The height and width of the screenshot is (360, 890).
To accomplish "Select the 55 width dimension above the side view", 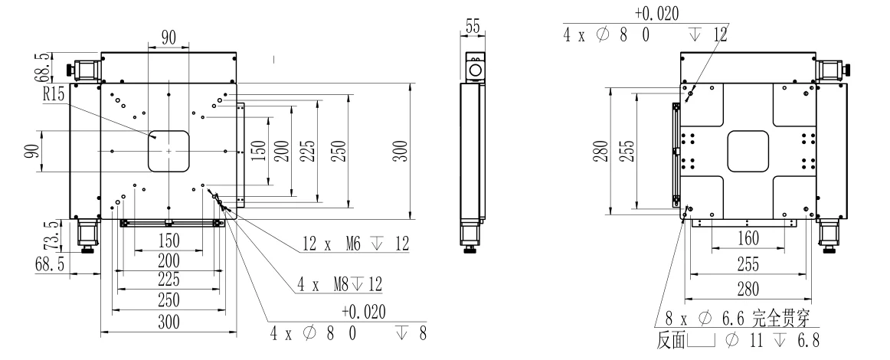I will [x=473, y=27].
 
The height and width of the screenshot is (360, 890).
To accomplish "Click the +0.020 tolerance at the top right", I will [x=656, y=13].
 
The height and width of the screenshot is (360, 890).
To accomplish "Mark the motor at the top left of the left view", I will [x=85, y=69].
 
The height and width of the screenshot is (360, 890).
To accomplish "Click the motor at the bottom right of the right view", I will [x=830, y=231].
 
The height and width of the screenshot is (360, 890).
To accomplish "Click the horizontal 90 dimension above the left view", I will [x=168, y=38].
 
